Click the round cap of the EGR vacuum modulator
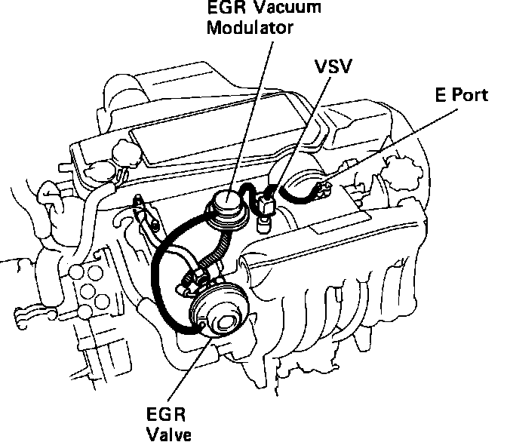pyautogui.click(x=226, y=201)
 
